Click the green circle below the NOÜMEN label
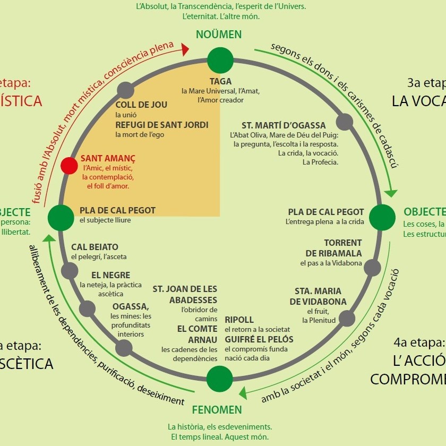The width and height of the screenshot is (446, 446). click(x=219, y=60)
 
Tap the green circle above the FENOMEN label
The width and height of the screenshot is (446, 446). click(x=219, y=379)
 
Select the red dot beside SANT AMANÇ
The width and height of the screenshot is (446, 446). click(x=69, y=166)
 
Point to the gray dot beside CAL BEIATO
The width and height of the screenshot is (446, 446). click(x=70, y=271)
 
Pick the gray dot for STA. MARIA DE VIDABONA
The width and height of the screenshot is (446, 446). click(x=347, y=318)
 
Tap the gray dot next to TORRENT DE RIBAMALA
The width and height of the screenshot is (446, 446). click(x=372, y=268)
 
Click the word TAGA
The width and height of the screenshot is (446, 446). click(x=220, y=81)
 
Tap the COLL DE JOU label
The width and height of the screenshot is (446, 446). click(x=141, y=105)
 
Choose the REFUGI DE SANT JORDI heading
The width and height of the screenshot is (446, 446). click(x=162, y=125)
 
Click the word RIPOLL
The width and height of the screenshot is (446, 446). click(x=239, y=320)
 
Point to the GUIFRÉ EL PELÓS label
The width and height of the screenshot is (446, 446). click(x=259, y=339)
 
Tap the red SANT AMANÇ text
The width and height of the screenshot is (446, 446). click(x=108, y=158)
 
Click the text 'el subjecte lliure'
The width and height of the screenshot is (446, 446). click(x=105, y=220)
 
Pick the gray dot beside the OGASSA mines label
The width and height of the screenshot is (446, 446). click(x=124, y=348)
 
